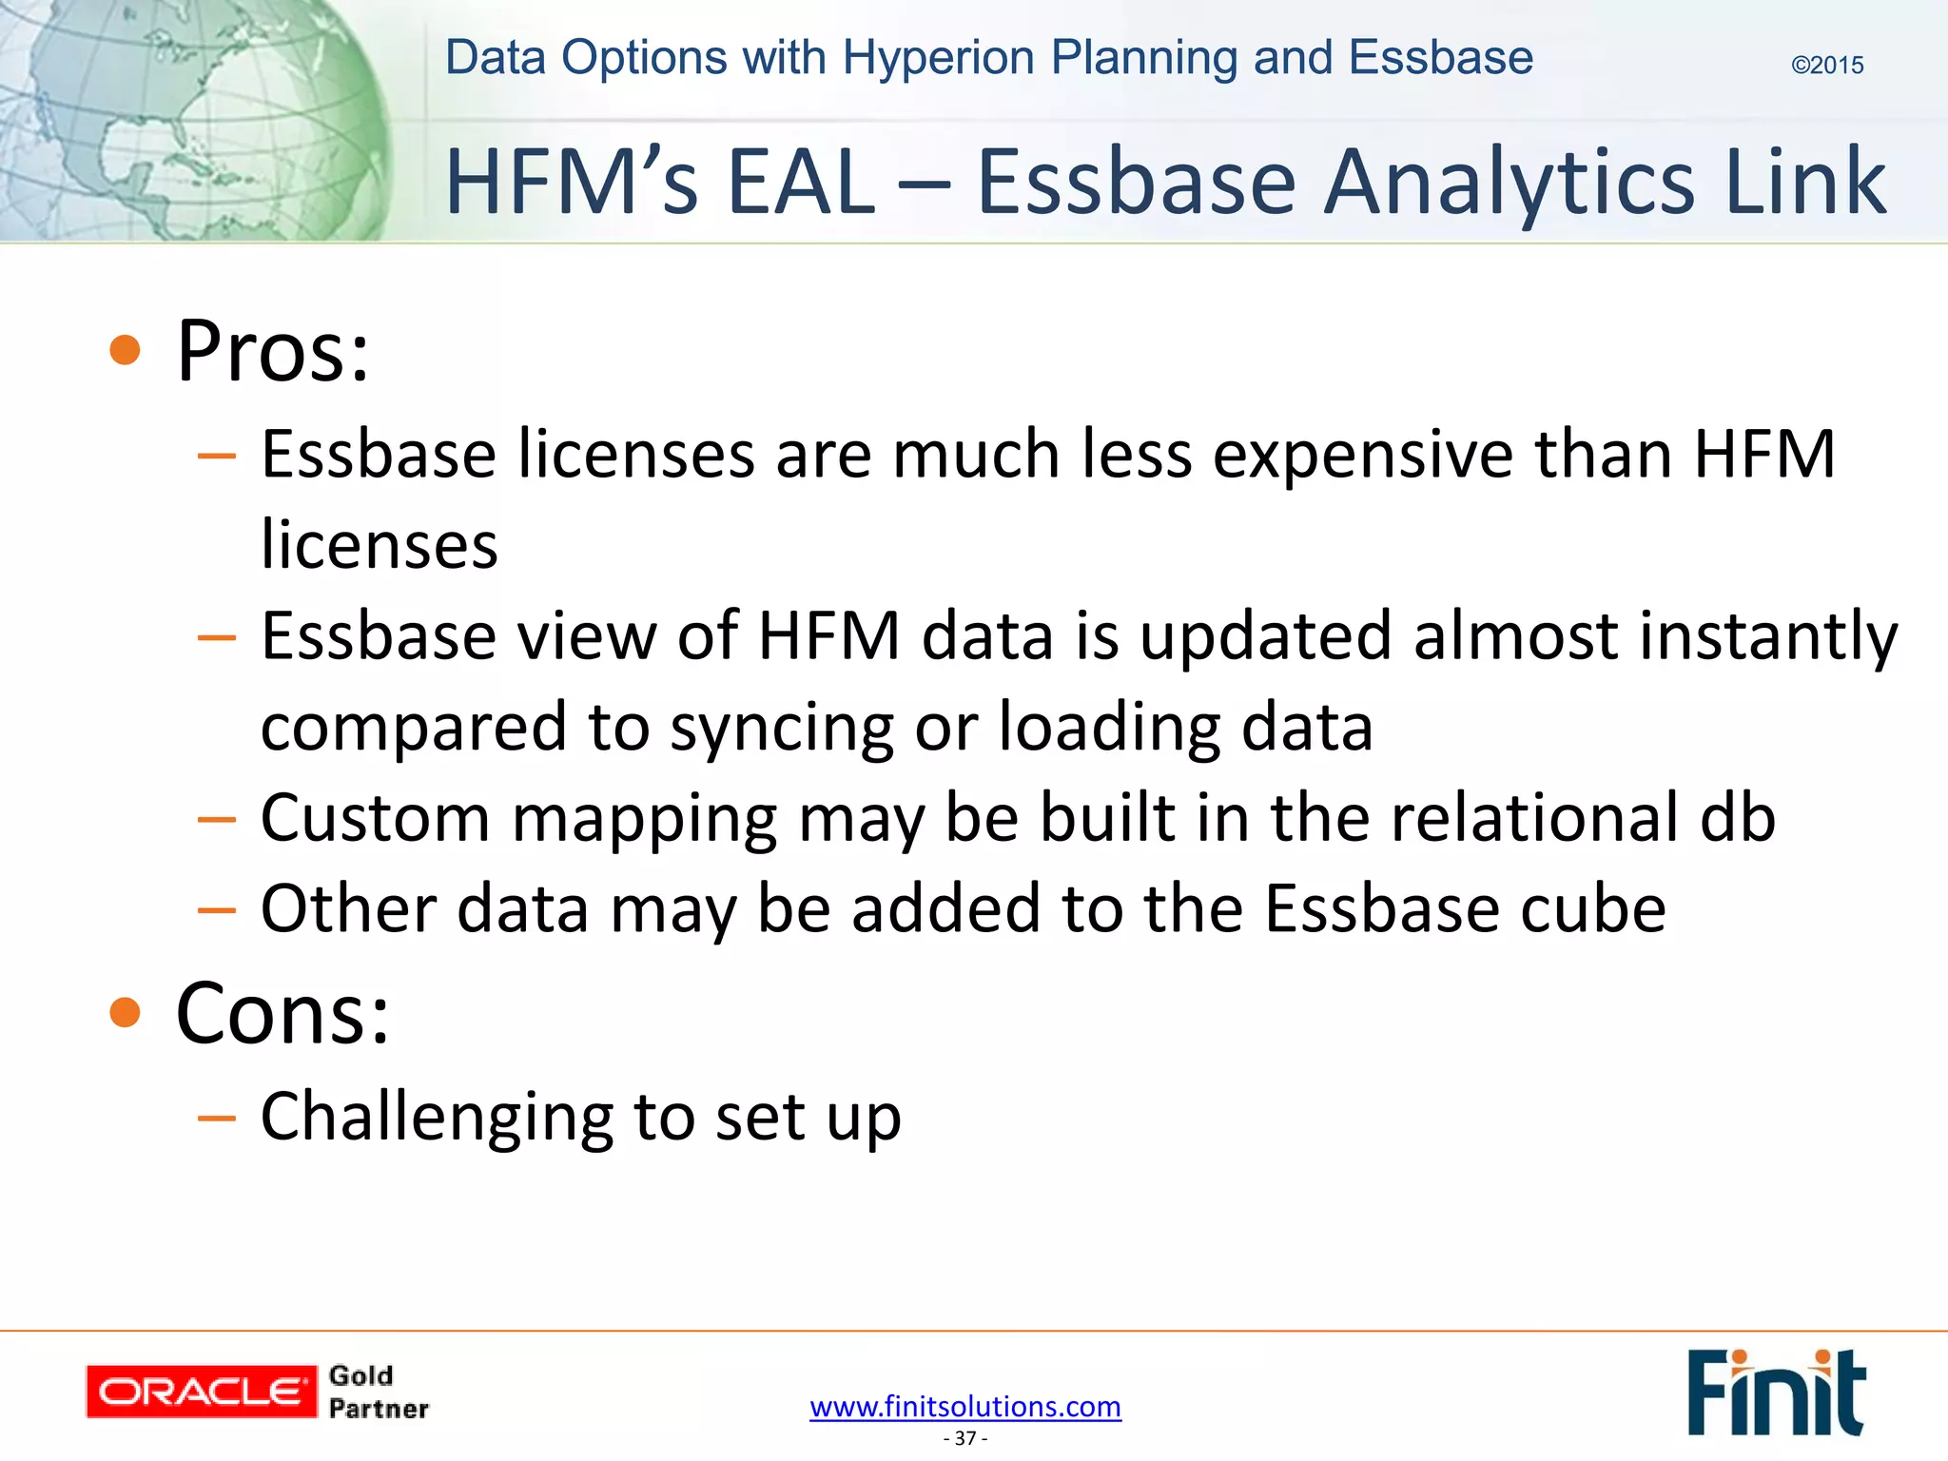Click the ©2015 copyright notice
tap(1826, 65)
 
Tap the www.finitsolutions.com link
tap(965, 1406)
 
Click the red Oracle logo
tap(201, 1392)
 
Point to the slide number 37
tap(965, 1438)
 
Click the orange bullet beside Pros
tap(125, 350)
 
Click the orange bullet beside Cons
tap(125, 1012)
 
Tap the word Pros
tap(272, 351)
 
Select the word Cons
tap(282, 1013)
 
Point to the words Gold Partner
tap(378, 1392)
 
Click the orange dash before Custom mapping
tap(216, 819)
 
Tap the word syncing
tap(781, 728)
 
